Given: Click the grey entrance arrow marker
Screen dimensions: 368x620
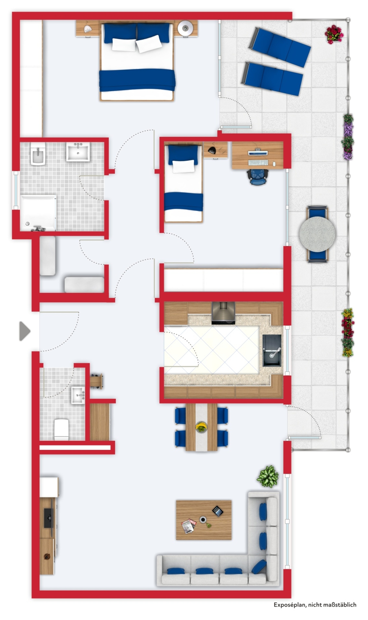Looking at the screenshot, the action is pos(24,331).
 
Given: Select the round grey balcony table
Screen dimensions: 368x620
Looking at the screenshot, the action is pos(317,234).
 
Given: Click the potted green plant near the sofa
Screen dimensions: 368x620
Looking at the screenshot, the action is pos(268,476).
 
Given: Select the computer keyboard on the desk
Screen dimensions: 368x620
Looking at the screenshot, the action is pos(258,163).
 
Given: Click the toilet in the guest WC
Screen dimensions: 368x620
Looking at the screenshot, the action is pos(61,429).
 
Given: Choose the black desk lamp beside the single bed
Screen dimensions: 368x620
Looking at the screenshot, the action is pos(213,150).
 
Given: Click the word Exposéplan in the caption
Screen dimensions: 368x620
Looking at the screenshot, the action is pos(289,604).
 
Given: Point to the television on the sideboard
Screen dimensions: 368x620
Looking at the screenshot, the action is pos(48,518).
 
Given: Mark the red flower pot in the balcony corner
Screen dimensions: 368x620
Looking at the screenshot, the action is pos(334,34).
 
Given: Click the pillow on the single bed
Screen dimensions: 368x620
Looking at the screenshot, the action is pos(183,166).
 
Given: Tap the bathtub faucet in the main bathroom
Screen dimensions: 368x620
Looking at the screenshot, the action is pos(38,229).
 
